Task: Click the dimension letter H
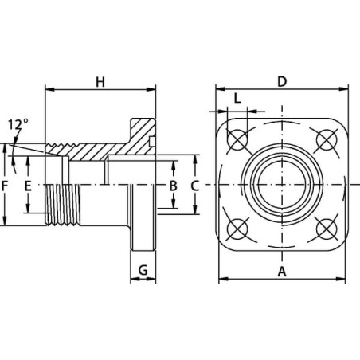[100, 82]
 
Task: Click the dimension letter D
[282, 82]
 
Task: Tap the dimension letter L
[237, 99]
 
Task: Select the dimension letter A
[282, 272]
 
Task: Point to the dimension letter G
[143, 270]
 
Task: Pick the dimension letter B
[174, 186]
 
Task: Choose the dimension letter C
[194, 186]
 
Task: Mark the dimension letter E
[28, 186]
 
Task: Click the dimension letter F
[5, 186]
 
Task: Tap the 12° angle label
[18, 124]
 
